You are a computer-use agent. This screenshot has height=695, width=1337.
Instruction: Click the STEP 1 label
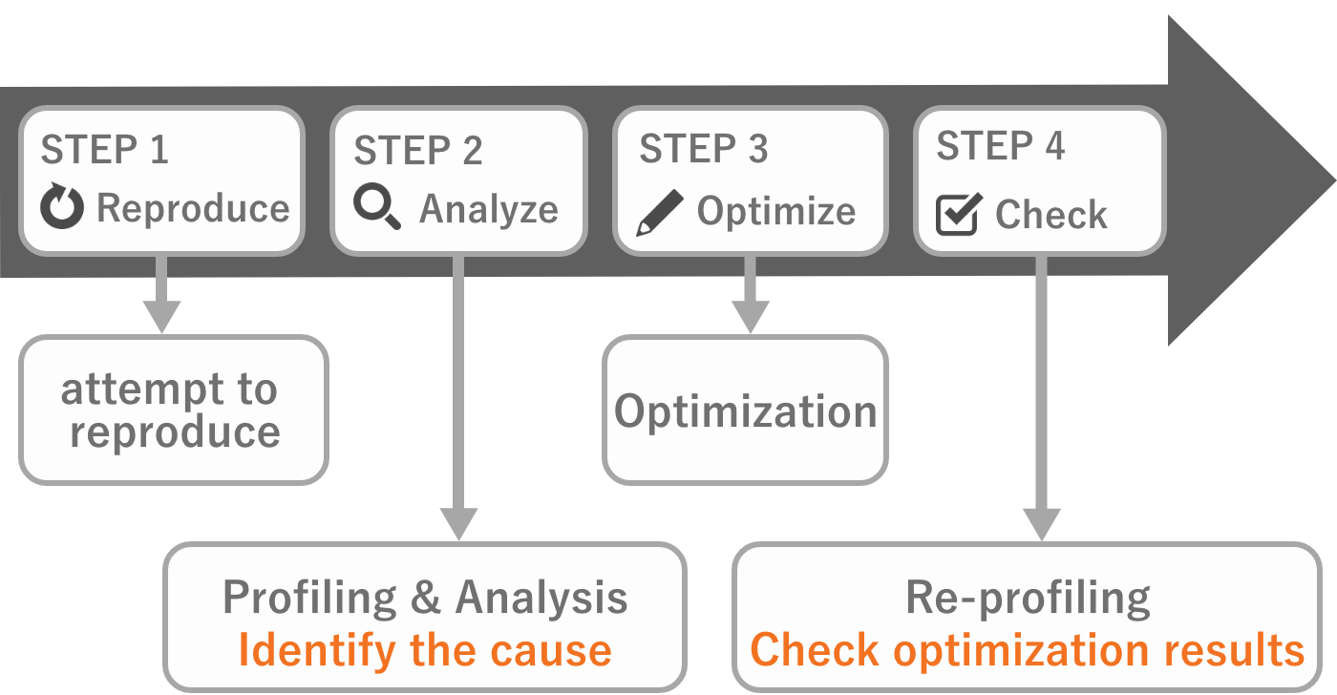click(104, 150)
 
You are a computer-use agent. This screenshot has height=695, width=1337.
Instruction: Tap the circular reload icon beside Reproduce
click(62, 209)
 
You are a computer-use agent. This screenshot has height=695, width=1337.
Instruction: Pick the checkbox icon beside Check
click(958, 215)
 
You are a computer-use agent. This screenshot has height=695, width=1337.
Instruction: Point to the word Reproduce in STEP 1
click(193, 209)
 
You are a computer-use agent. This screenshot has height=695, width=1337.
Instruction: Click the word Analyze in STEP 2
click(489, 209)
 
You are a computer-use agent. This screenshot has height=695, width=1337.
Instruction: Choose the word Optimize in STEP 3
click(775, 212)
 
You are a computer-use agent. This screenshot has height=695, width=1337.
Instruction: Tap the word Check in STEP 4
click(1050, 215)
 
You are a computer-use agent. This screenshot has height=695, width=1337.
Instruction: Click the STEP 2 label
click(418, 151)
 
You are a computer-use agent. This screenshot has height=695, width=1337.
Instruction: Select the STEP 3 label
click(704, 150)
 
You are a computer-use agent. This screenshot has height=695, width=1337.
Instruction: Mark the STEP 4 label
click(1000, 147)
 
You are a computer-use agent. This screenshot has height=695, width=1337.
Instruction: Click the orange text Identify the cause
click(425, 651)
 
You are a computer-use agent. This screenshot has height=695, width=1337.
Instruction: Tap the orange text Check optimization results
click(1027, 651)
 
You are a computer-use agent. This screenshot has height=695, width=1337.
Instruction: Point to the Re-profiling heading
click(1028, 598)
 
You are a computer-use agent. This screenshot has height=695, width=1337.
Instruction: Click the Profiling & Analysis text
click(425, 599)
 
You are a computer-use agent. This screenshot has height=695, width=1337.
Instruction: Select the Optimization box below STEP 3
click(745, 411)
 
